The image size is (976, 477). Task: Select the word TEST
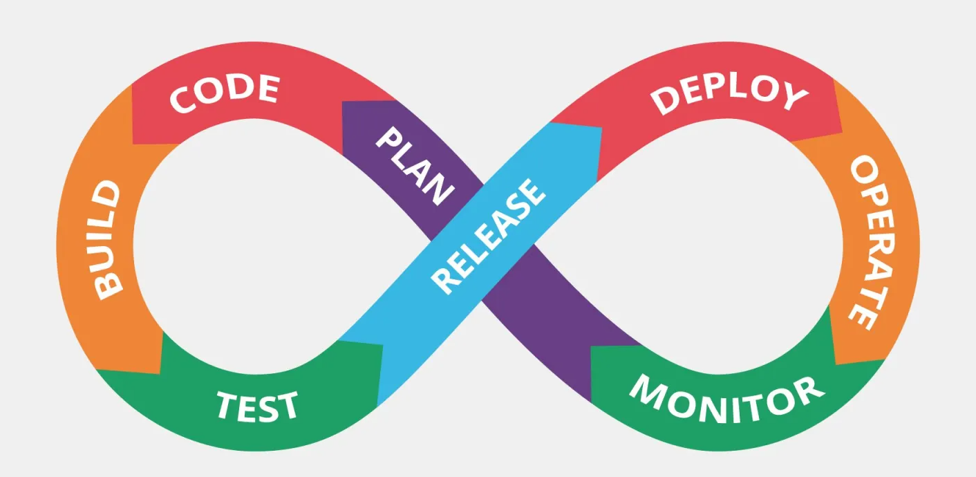tap(257, 406)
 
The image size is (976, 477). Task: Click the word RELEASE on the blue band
tap(488, 236)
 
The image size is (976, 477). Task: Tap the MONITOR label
tap(726, 400)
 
